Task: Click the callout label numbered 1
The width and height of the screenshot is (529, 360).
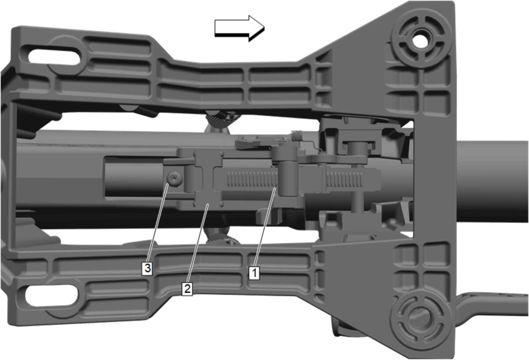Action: [255, 273]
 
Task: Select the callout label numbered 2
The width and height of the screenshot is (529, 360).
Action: [187, 289]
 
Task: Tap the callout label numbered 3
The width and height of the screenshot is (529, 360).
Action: [147, 269]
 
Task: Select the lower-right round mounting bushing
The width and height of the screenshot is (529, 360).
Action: [419, 318]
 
